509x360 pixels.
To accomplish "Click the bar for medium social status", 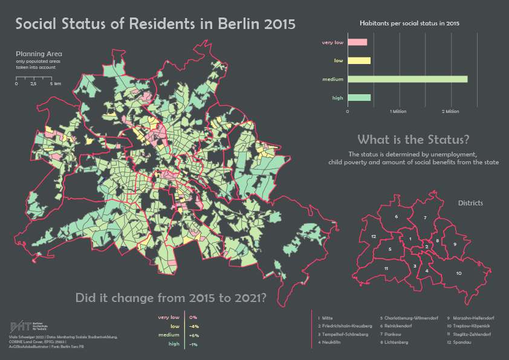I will [407, 79].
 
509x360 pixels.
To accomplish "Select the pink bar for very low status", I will [358, 42].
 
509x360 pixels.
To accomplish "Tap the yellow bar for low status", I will [360, 60].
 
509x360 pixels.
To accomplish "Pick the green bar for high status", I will [360, 97].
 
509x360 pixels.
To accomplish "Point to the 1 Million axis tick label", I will [398, 112].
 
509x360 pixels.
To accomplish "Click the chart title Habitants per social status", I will [409, 23].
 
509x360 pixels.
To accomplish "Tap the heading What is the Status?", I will [413, 140].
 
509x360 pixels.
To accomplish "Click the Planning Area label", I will [39, 54].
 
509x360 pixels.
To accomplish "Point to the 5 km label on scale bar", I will [56, 84].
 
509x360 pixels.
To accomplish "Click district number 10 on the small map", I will [459, 274].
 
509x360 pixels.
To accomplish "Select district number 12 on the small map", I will [374, 236].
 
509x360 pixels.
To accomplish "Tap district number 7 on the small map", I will [425, 217].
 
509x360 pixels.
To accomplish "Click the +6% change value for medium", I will [194, 335].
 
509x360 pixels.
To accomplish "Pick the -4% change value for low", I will [194, 326].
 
